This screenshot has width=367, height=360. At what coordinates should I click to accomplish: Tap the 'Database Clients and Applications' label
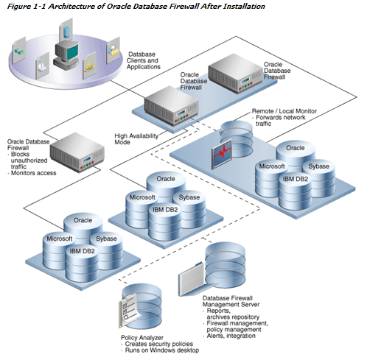pos(144,60)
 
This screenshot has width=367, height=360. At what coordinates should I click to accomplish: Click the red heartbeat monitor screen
pos(222,154)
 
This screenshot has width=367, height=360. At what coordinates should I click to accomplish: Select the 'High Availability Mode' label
pos(136,139)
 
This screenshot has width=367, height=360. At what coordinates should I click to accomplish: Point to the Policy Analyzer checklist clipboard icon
pos(130,309)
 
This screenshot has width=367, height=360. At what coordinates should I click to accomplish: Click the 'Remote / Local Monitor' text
pos(284,111)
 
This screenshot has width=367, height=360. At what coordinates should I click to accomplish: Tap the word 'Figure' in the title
pos(18,6)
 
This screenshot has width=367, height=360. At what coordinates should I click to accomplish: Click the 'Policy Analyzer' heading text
pos(142,338)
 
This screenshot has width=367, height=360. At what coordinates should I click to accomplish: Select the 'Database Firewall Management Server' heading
pos(231,301)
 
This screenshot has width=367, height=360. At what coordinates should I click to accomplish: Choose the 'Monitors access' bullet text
pos(34,173)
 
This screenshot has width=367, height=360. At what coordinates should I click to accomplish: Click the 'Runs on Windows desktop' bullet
pos(162,350)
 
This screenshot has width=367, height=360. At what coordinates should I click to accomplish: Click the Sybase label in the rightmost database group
pos(318,166)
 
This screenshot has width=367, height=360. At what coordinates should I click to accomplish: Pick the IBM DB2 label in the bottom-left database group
pos(82,251)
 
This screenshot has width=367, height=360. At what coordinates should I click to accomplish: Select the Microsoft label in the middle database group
pos(142,197)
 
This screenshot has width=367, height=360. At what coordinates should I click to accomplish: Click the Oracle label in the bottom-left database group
pos(83,220)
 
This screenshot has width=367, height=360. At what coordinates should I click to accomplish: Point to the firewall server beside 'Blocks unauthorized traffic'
pos(77,152)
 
